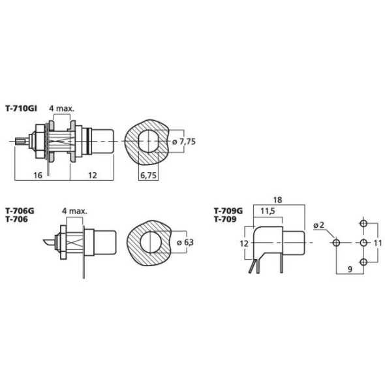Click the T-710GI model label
pos(22,108)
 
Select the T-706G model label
pos(20,211)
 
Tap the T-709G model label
pos(228,211)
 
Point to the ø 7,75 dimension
pos(184,142)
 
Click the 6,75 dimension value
pos(148,176)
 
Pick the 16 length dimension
pos(38,176)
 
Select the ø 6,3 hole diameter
pos(185,242)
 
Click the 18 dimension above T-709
pos(277,200)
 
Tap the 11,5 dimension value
pos(268,211)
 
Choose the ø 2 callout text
pos(318,225)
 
